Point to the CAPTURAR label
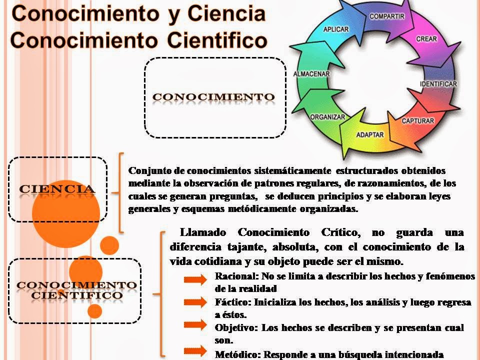click(x=417, y=121)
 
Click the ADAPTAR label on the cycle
click(x=369, y=134)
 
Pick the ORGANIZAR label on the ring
click(x=328, y=117)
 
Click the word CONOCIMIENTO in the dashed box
click(x=213, y=96)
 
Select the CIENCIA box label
click(x=57, y=189)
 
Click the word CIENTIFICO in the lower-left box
click(x=77, y=295)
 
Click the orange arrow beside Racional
click(x=195, y=279)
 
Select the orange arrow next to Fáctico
click(x=195, y=302)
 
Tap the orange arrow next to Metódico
click(x=195, y=350)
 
